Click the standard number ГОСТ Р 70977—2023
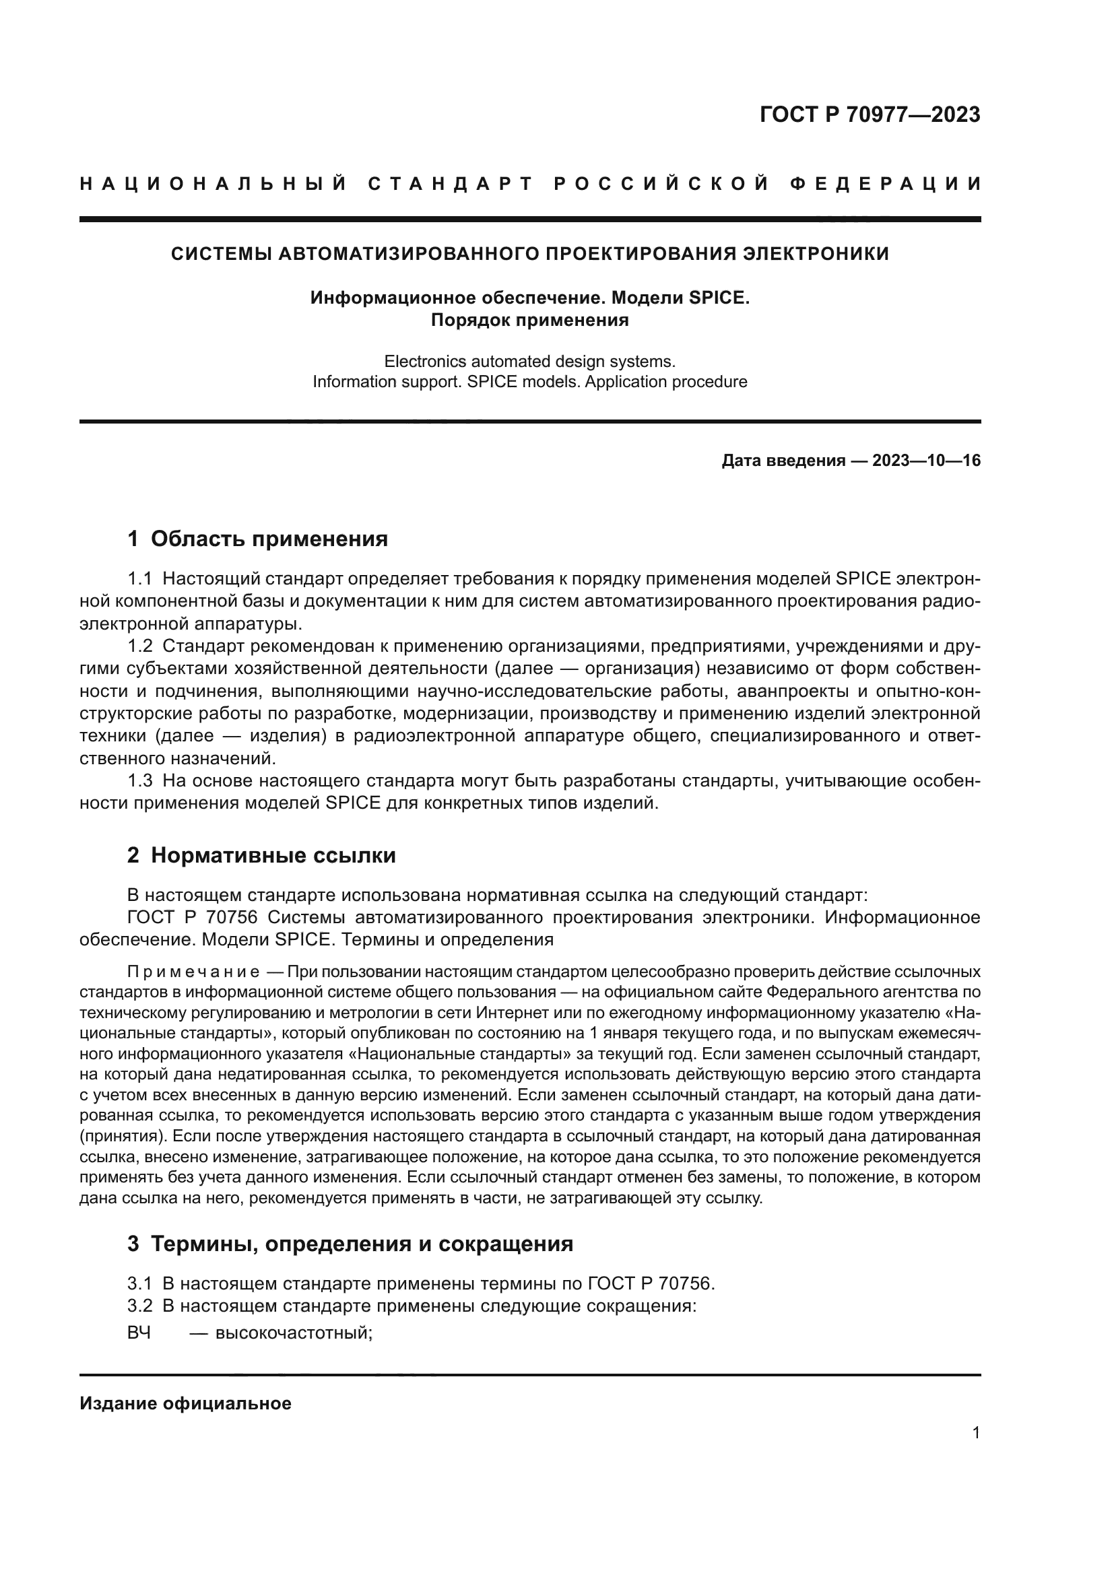tap(869, 114)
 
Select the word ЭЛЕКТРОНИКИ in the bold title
tap(816, 254)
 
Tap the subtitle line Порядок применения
tap(529, 320)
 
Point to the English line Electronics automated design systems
tap(529, 361)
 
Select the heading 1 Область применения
tap(257, 539)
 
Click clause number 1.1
tap(140, 579)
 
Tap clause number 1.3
tap(140, 780)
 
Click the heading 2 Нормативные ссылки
tap(261, 855)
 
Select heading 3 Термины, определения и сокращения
tap(350, 1244)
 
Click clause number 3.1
tap(140, 1283)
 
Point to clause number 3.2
tap(140, 1306)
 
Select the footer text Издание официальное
tap(185, 1403)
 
